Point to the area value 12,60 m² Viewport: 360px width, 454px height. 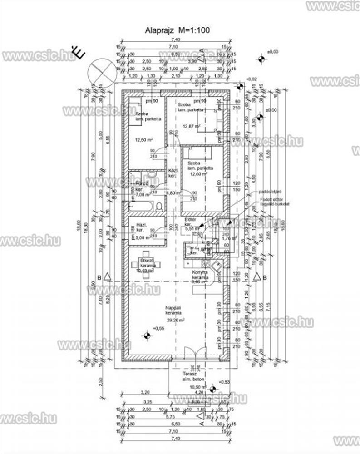(199, 173)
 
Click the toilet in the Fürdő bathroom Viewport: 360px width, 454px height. (159, 207)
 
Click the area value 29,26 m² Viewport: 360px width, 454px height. (174, 320)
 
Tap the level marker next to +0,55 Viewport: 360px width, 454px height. (147, 336)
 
